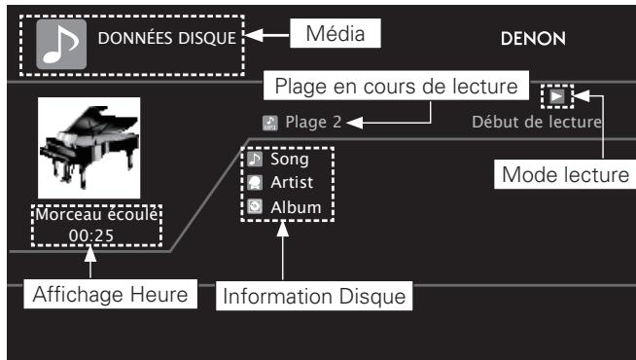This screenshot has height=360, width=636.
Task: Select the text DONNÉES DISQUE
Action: click(x=164, y=40)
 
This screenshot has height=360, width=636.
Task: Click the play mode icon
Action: click(x=555, y=96)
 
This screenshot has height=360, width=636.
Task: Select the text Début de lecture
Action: click(x=536, y=123)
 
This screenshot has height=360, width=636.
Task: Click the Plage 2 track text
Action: click(x=313, y=123)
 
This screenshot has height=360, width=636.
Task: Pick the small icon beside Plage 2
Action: click(x=269, y=123)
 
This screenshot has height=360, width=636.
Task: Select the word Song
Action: click(x=289, y=159)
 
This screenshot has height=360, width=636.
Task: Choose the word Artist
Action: click(x=291, y=182)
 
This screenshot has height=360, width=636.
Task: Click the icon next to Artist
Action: click(x=255, y=182)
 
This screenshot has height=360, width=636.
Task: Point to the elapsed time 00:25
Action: click(x=97, y=234)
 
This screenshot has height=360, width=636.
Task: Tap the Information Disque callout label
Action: click(x=314, y=296)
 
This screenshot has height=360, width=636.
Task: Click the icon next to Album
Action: click(x=255, y=206)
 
